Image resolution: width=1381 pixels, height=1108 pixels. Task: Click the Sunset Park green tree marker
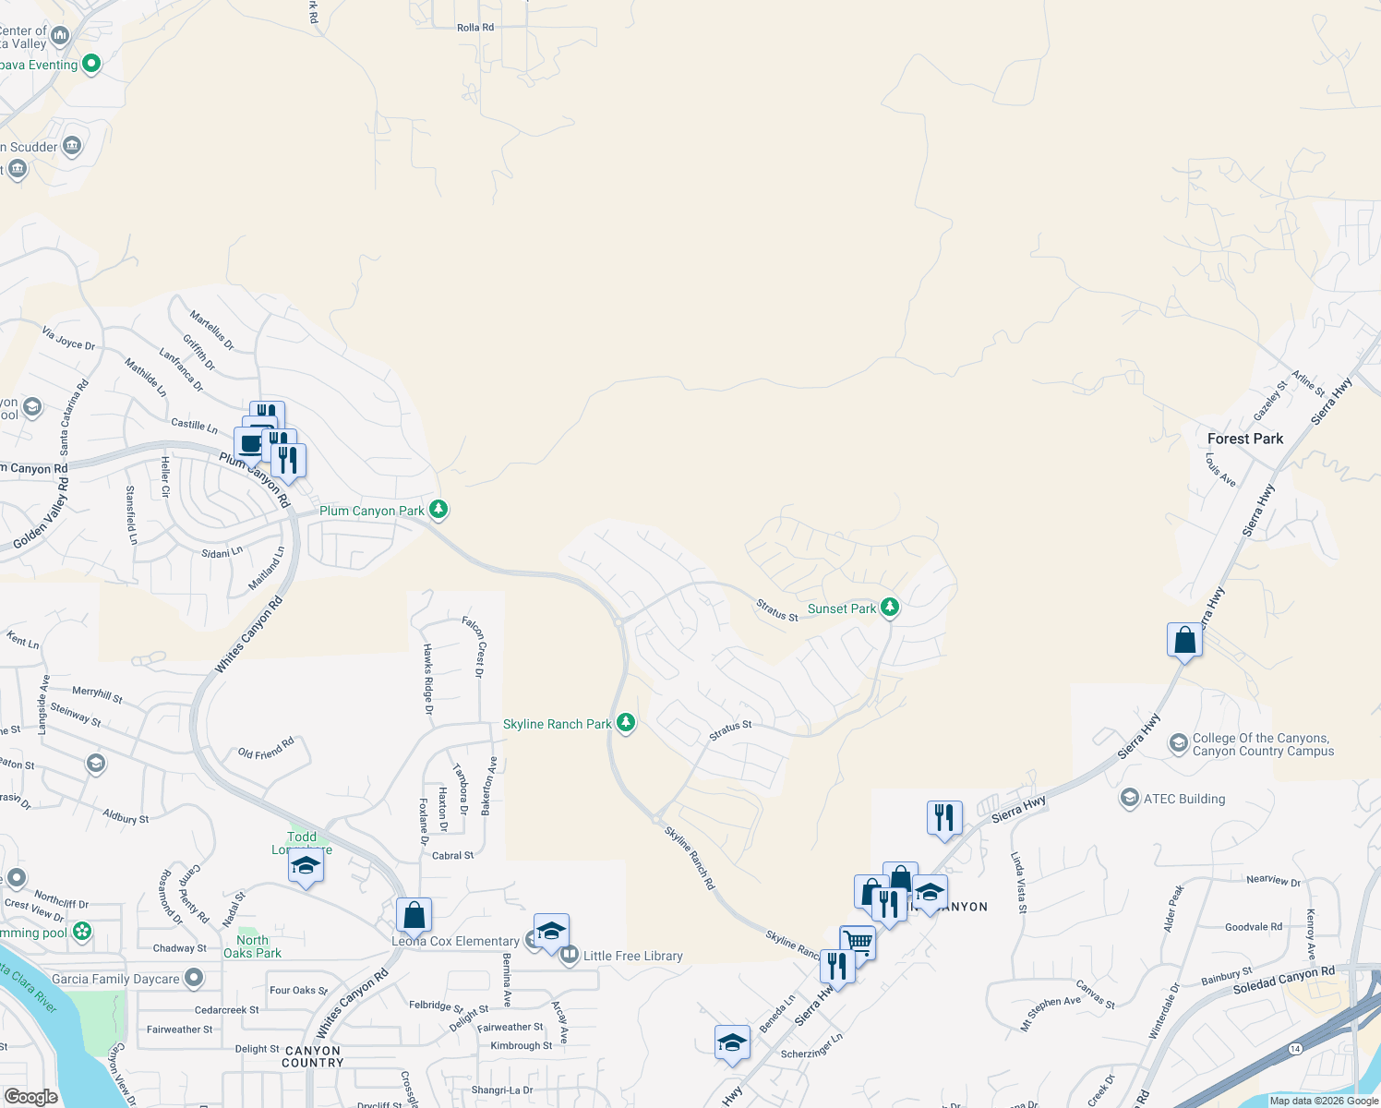click(x=890, y=607)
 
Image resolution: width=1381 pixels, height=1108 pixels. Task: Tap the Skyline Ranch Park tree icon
click(x=626, y=722)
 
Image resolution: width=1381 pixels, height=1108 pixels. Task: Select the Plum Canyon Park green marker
click(x=438, y=509)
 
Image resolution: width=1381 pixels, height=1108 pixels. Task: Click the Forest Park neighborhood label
click(x=1244, y=439)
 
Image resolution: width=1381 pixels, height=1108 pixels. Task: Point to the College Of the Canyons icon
click(x=1178, y=743)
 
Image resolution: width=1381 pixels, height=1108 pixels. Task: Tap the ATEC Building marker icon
click(x=1129, y=798)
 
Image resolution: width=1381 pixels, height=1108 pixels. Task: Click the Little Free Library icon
click(x=569, y=955)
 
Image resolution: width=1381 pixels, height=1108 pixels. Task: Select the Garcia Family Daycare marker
click(x=193, y=977)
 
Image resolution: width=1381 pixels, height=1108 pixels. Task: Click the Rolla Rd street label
click(x=475, y=28)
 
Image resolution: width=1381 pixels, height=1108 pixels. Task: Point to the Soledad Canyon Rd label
click(x=1283, y=981)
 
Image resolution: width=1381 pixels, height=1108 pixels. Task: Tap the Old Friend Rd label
click(x=266, y=747)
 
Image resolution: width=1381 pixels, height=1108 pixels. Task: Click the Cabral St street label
click(x=452, y=856)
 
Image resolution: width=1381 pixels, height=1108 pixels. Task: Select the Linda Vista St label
click(x=1018, y=883)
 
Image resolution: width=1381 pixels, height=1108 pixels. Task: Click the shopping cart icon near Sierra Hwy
click(x=858, y=943)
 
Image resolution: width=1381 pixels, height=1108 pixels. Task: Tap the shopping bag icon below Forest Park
click(x=1184, y=639)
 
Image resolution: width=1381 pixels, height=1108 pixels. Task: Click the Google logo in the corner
click(x=30, y=1096)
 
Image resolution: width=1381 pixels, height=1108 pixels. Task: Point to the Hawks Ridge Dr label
click(x=427, y=679)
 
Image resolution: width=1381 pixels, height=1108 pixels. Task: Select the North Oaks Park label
click(x=252, y=946)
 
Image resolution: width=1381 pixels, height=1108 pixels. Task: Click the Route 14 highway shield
click(x=1295, y=1049)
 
